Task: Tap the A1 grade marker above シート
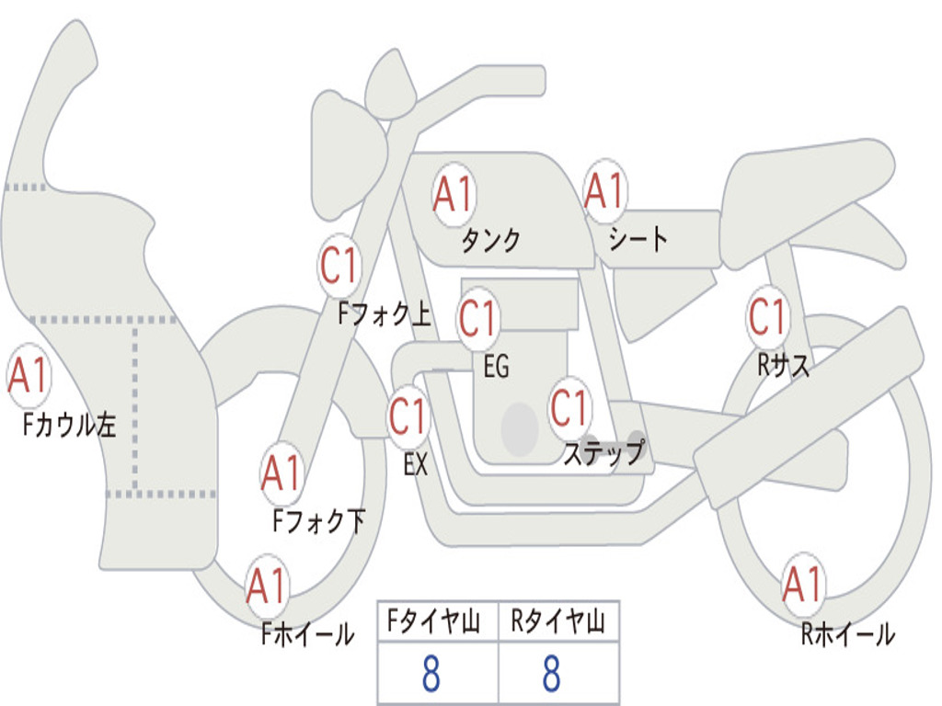(605, 191)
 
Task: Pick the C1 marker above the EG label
(478, 318)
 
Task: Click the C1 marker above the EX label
(408, 416)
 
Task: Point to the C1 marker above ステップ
(570, 408)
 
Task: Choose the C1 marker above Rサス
(768, 316)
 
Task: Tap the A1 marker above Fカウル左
(29, 375)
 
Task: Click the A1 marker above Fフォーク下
(282, 473)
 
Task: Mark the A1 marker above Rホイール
(803, 584)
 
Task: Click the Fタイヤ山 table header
(433, 621)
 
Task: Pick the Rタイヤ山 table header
(558, 621)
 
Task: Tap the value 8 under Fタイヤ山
(431, 674)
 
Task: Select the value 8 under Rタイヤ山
(552, 674)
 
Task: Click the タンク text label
(491, 241)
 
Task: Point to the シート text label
(638, 238)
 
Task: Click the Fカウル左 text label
(69, 425)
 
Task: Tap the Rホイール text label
(847, 633)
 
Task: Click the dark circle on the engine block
(520, 429)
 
